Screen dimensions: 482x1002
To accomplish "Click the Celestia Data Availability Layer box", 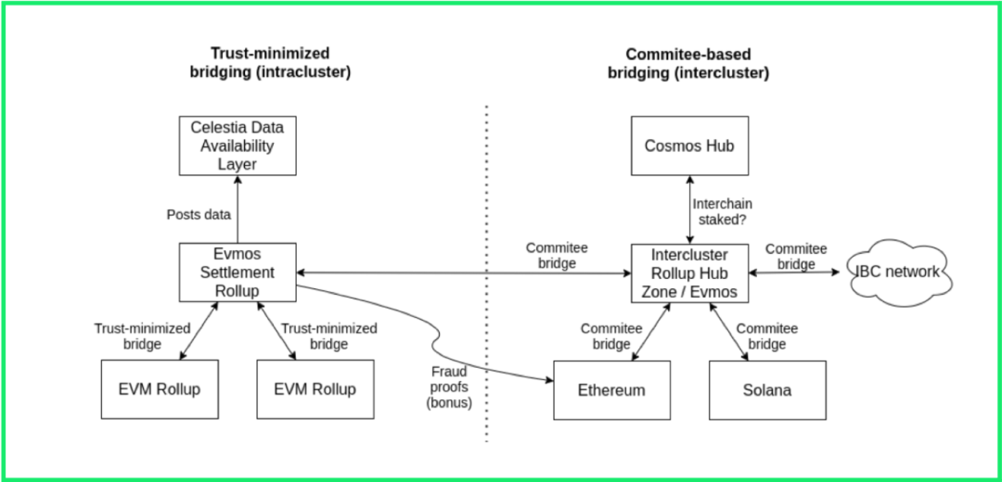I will point(238,146).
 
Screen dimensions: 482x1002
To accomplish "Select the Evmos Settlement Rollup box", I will point(238,272).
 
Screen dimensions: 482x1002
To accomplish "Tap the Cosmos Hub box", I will point(689,146).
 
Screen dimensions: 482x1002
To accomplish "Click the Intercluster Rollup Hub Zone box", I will point(689,272).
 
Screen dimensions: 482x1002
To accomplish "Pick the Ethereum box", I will point(611,389).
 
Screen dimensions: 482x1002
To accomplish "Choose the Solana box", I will point(767,389).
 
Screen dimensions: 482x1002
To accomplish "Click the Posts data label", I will point(198,214).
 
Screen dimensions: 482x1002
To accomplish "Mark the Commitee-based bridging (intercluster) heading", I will point(688,62).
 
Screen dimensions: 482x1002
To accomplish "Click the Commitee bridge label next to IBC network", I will point(796,256).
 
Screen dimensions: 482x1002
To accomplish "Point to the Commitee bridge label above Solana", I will point(766,336).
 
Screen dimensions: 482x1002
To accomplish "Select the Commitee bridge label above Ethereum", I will point(611,336).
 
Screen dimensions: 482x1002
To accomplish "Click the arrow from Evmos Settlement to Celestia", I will point(238,209).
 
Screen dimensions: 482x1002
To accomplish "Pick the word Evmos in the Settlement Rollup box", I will point(238,254).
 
